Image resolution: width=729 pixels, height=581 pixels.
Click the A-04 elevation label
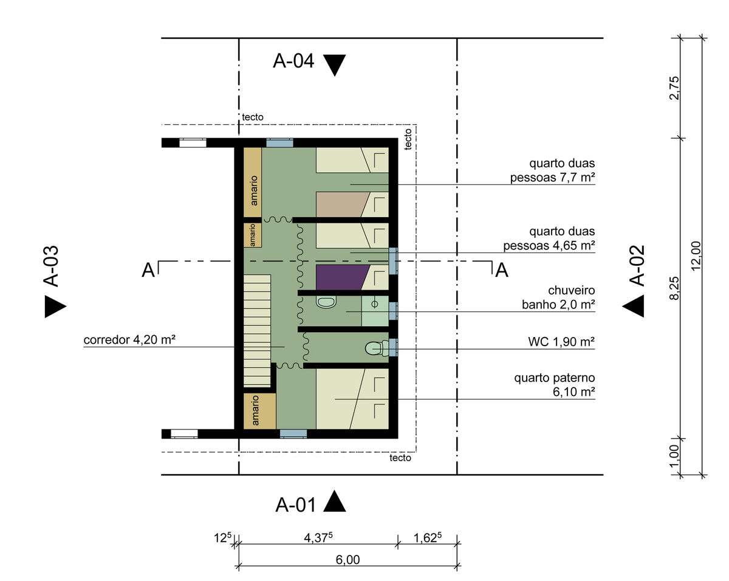293,61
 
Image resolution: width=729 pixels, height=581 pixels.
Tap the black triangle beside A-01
334,501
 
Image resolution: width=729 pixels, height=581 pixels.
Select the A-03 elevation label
51,266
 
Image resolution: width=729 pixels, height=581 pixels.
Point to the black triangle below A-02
633,306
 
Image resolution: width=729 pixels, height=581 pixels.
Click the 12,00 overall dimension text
696,256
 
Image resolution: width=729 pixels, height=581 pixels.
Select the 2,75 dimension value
674,88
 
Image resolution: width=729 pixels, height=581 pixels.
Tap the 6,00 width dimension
347,560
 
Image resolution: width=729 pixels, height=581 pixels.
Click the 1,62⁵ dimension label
428,538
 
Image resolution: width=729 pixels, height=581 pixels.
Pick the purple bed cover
343,277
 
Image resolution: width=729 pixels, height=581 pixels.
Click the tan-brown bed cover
343,204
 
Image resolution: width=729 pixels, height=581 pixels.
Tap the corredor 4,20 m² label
129,339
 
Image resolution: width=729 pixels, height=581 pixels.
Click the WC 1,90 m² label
561,342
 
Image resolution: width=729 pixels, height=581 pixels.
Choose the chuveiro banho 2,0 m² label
558,297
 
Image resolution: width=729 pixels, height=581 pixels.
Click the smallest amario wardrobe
252,235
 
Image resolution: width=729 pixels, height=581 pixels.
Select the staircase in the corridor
257,330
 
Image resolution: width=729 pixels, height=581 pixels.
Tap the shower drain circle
374,304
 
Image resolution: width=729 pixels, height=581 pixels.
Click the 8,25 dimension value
674,288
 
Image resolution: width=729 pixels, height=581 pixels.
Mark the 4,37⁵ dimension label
318,538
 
